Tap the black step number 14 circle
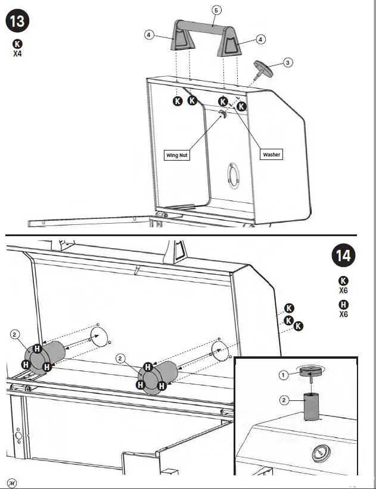[x=343, y=256]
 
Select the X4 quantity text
[x=17, y=54]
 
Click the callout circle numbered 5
[x=216, y=10]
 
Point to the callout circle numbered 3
[x=287, y=62]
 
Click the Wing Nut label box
[x=177, y=155]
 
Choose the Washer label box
[x=271, y=155]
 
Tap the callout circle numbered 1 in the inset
[x=284, y=375]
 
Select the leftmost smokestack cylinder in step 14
[x=51, y=356]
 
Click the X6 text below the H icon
[x=343, y=314]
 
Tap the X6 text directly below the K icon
[x=343, y=291]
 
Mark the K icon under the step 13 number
[x=17, y=43]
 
